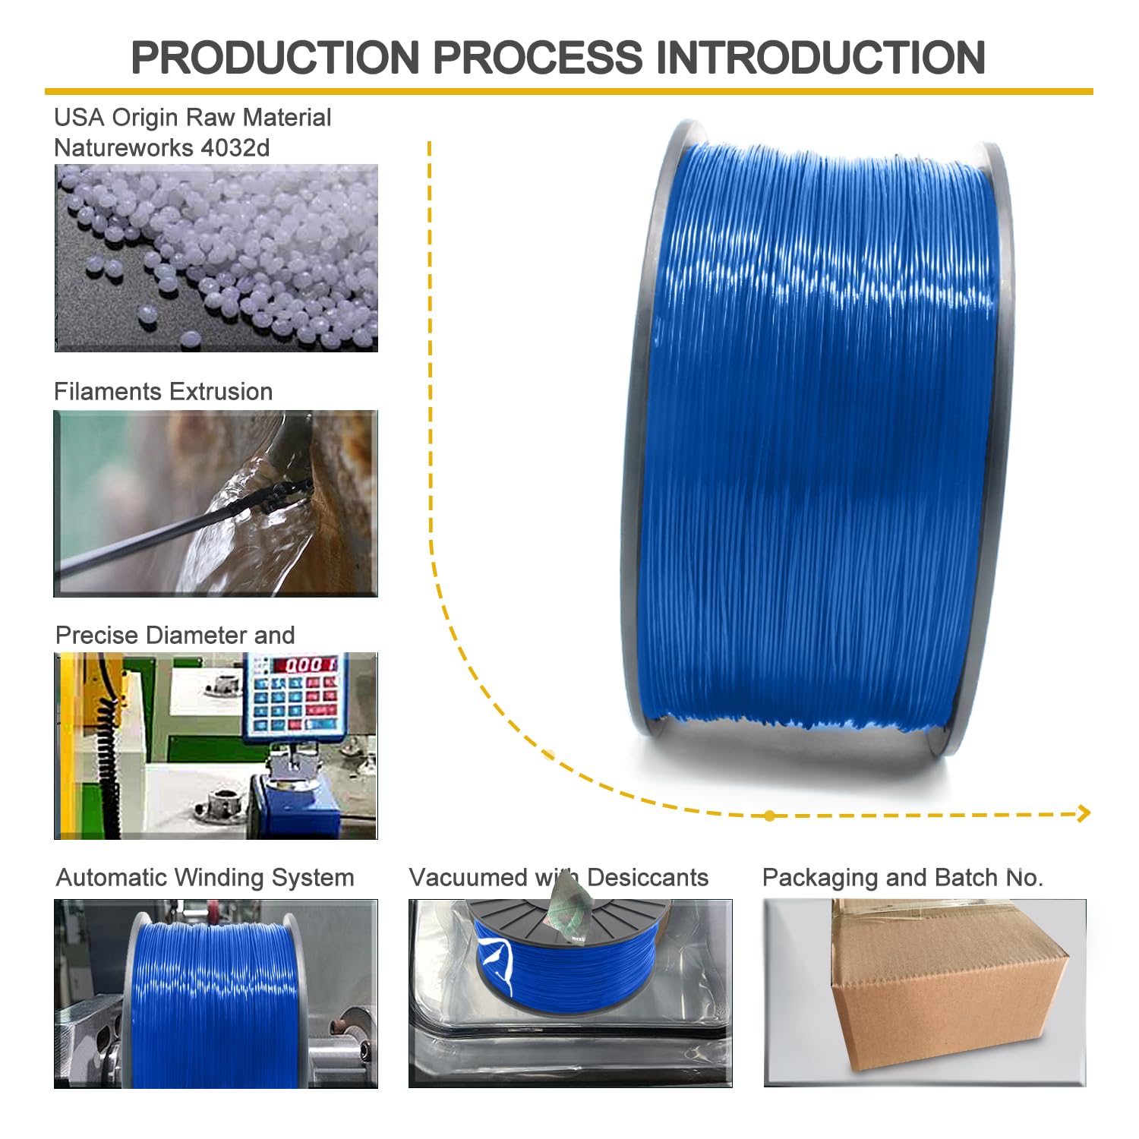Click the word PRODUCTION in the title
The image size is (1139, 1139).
pyautogui.click(x=275, y=57)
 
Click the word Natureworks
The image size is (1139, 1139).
pyautogui.click(x=124, y=147)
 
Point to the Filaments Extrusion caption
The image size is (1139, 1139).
pyautogui.click(x=163, y=392)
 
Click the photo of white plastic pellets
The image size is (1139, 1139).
pyautogui.click(x=216, y=257)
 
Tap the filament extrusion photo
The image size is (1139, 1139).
pyautogui.click(x=216, y=503)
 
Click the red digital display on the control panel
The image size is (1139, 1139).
pyautogui.click(x=306, y=665)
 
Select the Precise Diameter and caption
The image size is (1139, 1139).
pyautogui.click(x=175, y=635)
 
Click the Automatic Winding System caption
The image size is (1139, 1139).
pyautogui.click(x=205, y=878)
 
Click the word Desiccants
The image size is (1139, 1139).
pyautogui.click(x=648, y=878)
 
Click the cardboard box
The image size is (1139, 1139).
pyautogui.click(x=949, y=987)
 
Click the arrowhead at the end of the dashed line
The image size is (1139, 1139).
pyautogui.click(x=1084, y=813)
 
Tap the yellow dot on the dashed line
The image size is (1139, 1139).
pyautogui.click(x=770, y=816)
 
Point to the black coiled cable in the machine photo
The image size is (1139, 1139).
pyautogui.click(x=106, y=752)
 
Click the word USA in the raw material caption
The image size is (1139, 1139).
pyautogui.click(x=79, y=118)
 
